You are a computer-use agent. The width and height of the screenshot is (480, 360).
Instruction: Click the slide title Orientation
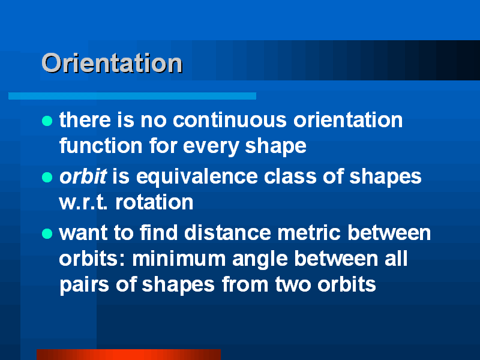point(112,63)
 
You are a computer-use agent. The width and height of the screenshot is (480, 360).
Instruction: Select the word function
point(101,145)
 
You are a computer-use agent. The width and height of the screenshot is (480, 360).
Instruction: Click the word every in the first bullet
point(211,147)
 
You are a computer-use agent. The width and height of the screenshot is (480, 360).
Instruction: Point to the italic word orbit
point(83,176)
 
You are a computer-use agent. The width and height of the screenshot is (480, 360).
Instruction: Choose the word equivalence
point(197,177)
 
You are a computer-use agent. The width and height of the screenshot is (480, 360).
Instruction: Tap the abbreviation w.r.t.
point(83,202)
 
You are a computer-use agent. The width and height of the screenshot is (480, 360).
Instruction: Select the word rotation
point(154,202)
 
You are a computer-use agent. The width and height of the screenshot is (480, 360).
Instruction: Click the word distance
point(227,233)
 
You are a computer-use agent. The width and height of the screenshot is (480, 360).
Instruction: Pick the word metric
point(309,233)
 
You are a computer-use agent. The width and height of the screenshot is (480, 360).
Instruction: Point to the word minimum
point(179,259)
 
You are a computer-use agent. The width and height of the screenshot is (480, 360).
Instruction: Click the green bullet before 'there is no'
point(47,121)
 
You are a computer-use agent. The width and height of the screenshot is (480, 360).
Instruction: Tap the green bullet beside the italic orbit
point(47,177)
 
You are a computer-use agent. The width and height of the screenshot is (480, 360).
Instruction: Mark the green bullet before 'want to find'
point(47,233)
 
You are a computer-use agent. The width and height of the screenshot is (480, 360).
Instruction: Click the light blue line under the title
point(132,96)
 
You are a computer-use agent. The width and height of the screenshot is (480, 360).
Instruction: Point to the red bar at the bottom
point(128,355)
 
